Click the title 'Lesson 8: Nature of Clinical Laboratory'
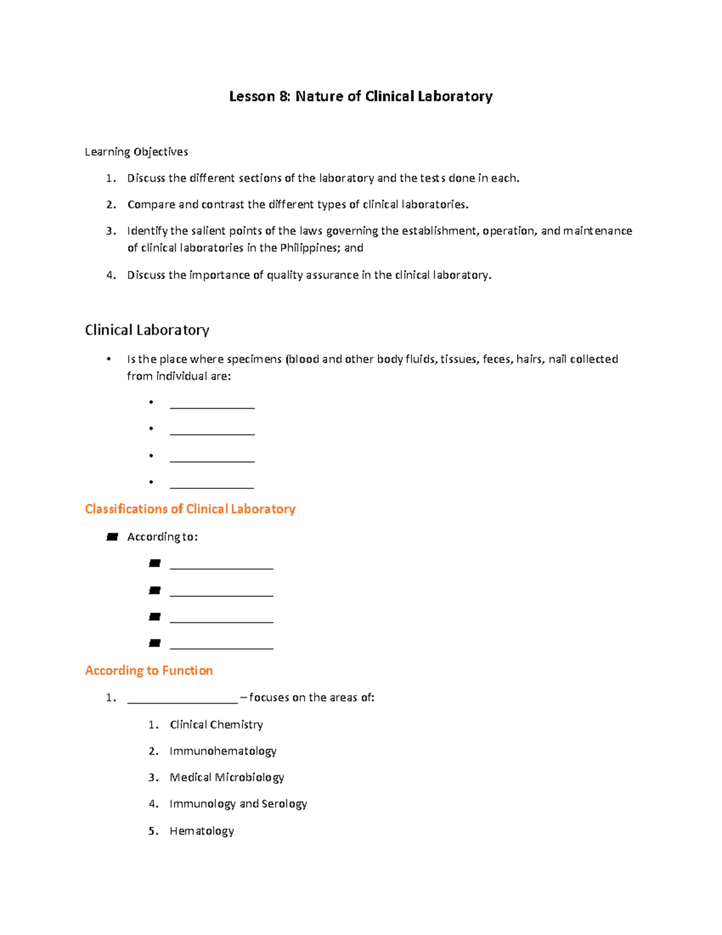[x=360, y=96]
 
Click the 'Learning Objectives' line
[x=136, y=152]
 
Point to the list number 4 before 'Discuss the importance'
[x=111, y=275]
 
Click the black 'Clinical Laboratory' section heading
[x=147, y=330]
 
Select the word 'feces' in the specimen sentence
[x=496, y=359]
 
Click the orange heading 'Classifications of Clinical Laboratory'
[x=190, y=509]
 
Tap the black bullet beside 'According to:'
[x=112, y=537]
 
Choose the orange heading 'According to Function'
[x=149, y=671]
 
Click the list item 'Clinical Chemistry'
[x=216, y=725]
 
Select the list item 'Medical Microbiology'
[x=226, y=778]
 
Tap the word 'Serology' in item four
[x=284, y=804]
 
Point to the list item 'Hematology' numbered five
[x=202, y=831]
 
